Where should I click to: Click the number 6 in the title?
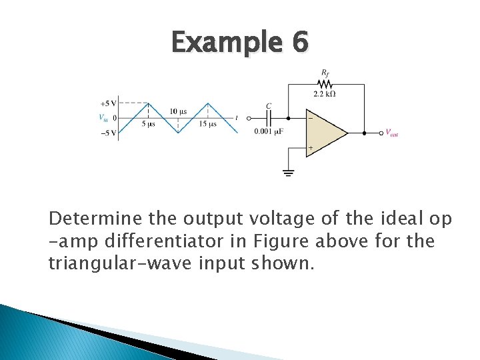pyautogui.click(x=300, y=43)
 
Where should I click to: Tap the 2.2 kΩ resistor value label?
pyautogui.click(x=324, y=94)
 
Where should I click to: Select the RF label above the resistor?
pyautogui.click(x=325, y=71)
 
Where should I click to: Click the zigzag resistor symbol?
pyautogui.click(x=325, y=84)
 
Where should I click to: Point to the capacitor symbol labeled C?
pyautogui.click(x=269, y=118)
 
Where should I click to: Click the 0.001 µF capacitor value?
pyautogui.click(x=269, y=131)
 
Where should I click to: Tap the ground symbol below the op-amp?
pyautogui.click(x=289, y=173)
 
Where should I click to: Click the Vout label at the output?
pyautogui.click(x=392, y=133)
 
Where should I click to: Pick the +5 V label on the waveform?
pyautogui.click(x=109, y=103)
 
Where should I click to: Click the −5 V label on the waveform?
pyautogui.click(x=109, y=133)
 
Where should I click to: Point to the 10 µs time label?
pyautogui.click(x=178, y=111)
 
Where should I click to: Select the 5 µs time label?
pyautogui.click(x=148, y=124)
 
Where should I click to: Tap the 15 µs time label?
pyautogui.click(x=208, y=124)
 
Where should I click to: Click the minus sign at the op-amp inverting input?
pyautogui.click(x=310, y=119)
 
